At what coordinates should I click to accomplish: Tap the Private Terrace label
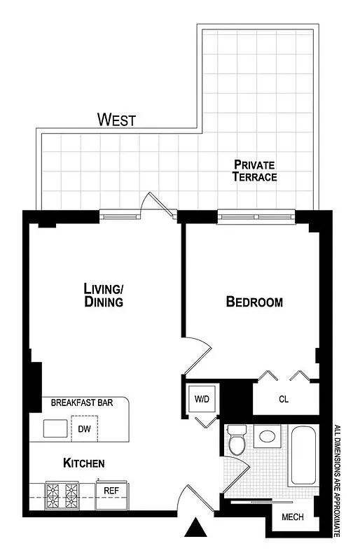254,171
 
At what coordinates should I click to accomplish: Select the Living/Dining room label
104,295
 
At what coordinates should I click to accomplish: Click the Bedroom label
254,302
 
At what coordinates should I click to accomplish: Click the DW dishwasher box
84,428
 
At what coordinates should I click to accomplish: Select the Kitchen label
84,463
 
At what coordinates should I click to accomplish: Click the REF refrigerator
111,491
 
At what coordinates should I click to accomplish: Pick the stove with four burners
62,495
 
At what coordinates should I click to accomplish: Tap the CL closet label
284,400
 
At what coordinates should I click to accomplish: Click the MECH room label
292,517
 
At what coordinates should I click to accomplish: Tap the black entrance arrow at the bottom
195,528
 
